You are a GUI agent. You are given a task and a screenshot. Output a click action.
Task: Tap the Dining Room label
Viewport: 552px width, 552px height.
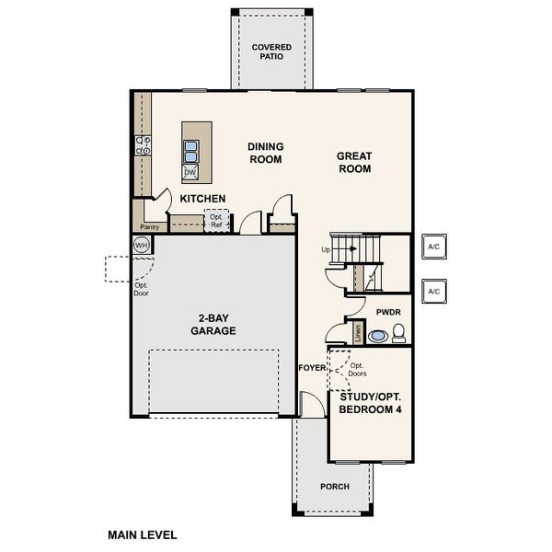pyautogui.click(x=265, y=153)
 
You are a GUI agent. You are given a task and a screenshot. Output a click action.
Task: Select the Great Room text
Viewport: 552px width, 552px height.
pyautogui.click(x=353, y=163)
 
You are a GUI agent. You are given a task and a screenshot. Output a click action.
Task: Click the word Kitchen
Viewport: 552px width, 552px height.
pyautogui.click(x=203, y=199)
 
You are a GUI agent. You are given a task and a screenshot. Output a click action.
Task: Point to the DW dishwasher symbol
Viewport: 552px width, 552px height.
pyautogui.click(x=190, y=173)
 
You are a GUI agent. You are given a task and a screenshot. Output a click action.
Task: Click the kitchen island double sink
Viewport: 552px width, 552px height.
pyautogui.click(x=190, y=151)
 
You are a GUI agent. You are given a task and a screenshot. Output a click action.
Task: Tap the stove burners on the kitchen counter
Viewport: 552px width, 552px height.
pyautogui.click(x=144, y=145)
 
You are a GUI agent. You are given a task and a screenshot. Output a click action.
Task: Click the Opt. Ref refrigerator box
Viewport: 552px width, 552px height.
pyautogui.click(x=216, y=222)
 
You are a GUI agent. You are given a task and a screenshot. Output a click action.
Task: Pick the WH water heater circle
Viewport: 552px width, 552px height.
pyautogui.click(x=142, y=245)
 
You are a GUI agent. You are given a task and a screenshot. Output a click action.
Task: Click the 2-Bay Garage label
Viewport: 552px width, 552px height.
pyautogui.click(x=213, y=324)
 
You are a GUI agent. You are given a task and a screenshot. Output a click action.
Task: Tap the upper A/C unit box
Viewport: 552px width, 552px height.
pyautogui.click(x=433, y=247)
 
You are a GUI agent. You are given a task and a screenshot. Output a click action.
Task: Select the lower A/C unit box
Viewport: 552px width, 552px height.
pyautogui.click(x=433, y=292)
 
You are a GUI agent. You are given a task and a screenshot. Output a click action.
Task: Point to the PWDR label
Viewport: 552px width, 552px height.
pyautogui.click(x=389, y=313)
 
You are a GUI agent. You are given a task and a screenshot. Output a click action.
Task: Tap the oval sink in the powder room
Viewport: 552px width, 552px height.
pyautogui.click(x=377, y=337)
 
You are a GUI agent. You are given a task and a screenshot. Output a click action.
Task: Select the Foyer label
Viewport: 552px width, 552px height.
pyautogui.click(x=313, y=368)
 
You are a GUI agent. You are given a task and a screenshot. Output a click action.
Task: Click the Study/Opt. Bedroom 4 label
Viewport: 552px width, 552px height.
pyautogui.click(x=370, y=402)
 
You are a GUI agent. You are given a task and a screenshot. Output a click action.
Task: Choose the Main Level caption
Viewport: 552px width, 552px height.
pyautogui.click(x=142, y=535)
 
